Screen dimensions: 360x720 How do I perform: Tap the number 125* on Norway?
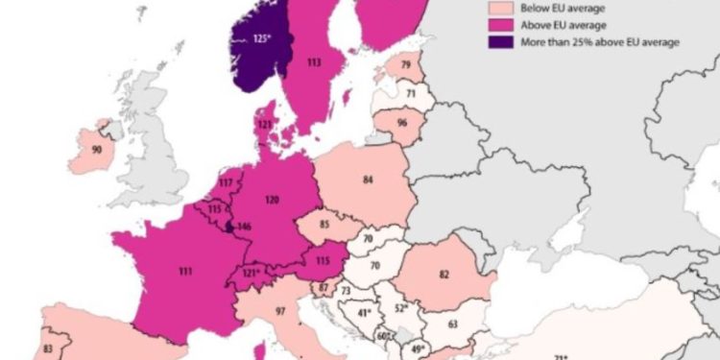point(265,39)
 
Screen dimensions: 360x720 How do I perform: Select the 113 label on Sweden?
point(313,64)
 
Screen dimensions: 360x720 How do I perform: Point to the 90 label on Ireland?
point(98,150)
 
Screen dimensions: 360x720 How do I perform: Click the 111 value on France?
point(184,273)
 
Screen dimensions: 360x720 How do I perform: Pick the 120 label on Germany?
point(272,200)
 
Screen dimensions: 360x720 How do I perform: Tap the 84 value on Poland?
point(368,180)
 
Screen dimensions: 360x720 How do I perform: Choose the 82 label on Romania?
point(444,275)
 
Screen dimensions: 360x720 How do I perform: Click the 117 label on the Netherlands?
point(227,182)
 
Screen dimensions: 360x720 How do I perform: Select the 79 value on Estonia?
point(405,64)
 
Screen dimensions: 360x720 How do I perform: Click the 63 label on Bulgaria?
point(452,324)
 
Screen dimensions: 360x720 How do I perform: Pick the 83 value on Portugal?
point(48,348)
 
